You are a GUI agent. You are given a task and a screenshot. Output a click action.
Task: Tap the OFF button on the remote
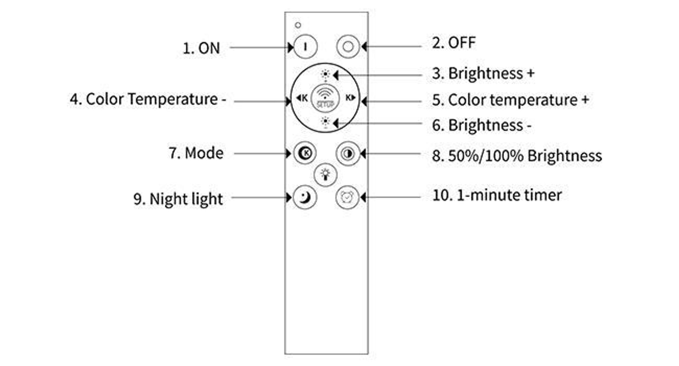click(348, 47)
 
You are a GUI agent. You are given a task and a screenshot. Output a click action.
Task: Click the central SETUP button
click(325, 98)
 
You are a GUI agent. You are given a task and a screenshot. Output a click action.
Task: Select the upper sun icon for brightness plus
click(325, 74)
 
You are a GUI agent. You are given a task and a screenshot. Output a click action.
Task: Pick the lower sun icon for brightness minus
click(325, 121)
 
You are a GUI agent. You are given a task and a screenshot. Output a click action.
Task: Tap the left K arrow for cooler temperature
click(301, 98)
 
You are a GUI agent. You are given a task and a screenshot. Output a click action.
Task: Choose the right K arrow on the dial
click(350, 98)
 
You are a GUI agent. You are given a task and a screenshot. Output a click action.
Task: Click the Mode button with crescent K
click(305, 153)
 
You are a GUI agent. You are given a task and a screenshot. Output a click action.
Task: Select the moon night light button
click(305, 197)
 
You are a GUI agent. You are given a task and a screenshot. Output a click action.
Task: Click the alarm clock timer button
click(347, 197)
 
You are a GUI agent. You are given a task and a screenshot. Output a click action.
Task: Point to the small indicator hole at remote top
click(298, 25)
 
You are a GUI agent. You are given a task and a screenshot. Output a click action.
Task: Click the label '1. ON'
click(201, 48)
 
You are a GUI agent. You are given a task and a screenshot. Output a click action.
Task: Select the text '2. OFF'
click(454, 43)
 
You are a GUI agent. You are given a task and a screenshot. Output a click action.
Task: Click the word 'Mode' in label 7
click(204, 153)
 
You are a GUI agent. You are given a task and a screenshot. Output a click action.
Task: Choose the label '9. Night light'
click(178, 199)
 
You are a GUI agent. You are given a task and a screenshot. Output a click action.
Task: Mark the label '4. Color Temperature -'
click(148, 99)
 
